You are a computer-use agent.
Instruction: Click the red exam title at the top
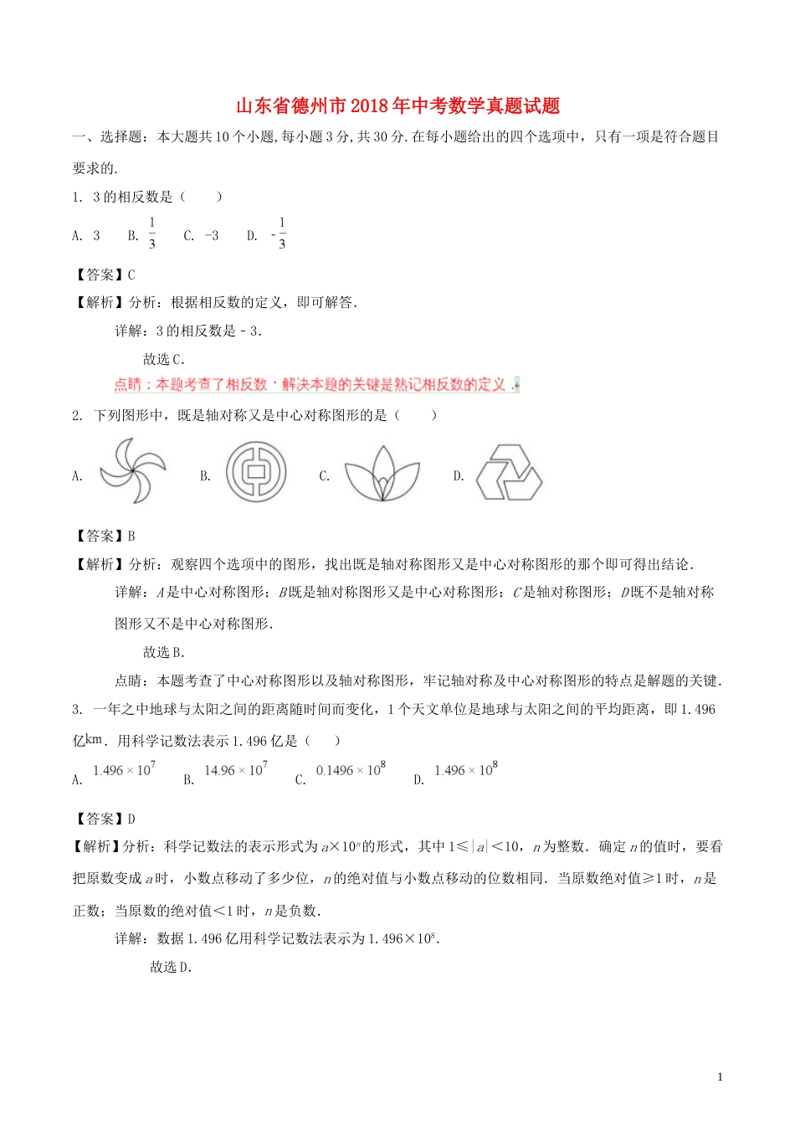tap(397, 106)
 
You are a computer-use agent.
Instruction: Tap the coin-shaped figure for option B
tap(256, 473)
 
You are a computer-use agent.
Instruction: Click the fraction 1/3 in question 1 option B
tap(151, 234)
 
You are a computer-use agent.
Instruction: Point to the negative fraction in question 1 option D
tap(280, 234)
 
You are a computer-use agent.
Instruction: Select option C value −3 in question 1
tap(211, 236)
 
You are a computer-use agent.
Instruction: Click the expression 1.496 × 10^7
tap(124, 770)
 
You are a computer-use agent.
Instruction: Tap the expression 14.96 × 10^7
tap(236, 770)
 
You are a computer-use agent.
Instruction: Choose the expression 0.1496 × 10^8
tap(351, 770)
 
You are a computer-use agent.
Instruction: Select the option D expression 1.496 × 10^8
tap(466, 770)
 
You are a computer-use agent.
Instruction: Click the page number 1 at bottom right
tap(720, 1077)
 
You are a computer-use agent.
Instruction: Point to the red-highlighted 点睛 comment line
tap(316, 385)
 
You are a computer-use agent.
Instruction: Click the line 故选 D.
tap(171, 967)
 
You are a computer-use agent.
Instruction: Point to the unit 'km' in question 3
tap(95, 739)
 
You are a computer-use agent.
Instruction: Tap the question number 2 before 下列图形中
tap(76, 415)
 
